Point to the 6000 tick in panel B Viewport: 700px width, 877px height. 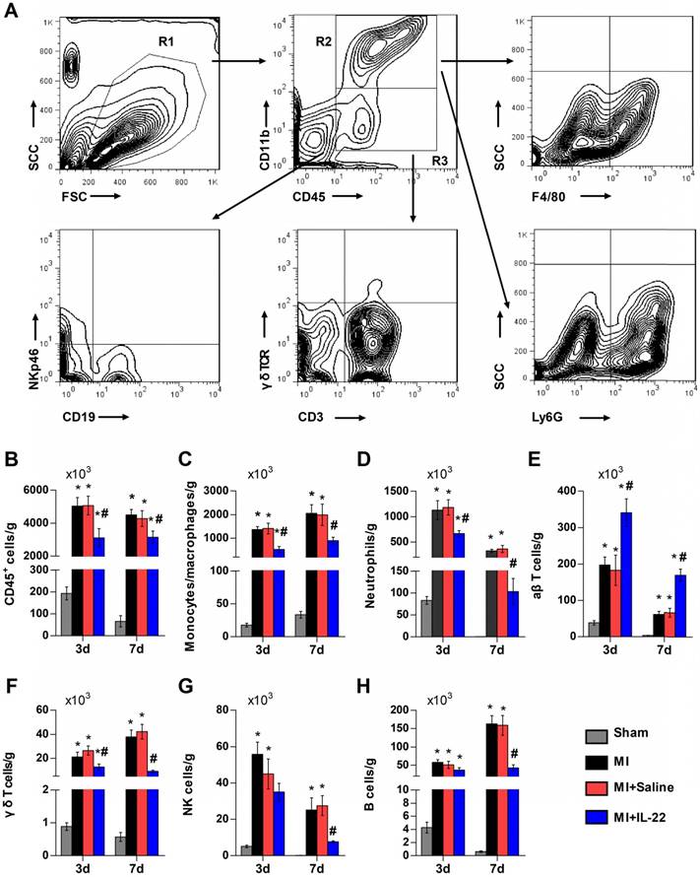click(33, 491)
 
